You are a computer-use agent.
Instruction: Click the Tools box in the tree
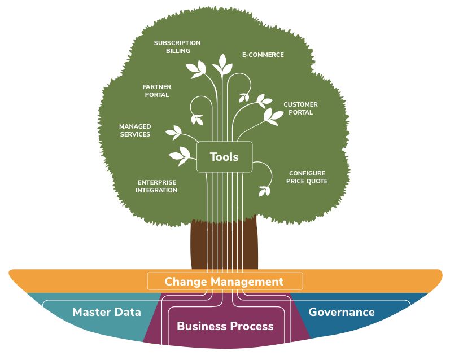(224, 157)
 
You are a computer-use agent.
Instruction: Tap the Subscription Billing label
(177, 47)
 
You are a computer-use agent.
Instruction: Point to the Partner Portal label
(156, 91)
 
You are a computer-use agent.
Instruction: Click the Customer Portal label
(300, 108)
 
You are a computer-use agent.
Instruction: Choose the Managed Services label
(134, 130)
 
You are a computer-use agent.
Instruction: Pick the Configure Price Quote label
(307, 177)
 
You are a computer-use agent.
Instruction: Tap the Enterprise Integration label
(156, 186)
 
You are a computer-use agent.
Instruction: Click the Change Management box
(224, 281)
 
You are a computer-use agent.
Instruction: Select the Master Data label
(107, 312)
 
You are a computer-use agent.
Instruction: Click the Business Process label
(225, 326)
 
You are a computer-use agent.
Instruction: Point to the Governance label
(342, 312)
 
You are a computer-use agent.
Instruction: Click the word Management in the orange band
(247, 281)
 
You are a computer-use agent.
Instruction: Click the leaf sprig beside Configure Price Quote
(264, 190)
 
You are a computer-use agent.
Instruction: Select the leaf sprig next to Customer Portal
(274, 116)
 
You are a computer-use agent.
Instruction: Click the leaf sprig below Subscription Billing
(197, 69)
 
